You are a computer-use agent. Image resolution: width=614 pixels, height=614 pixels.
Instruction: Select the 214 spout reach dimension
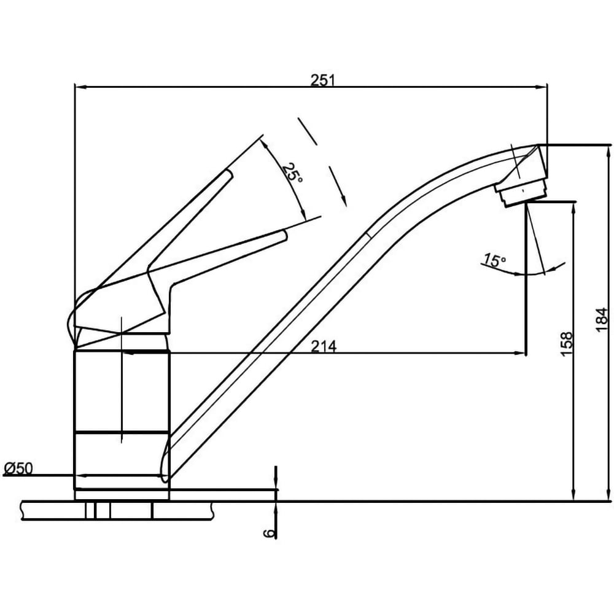[324, 346]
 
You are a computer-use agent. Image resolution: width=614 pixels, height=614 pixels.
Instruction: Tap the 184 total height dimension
[602, 320]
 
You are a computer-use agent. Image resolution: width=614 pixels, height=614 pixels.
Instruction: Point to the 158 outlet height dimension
[567, 344]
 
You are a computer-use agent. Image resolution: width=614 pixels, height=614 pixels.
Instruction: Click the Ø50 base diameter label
[19, 468]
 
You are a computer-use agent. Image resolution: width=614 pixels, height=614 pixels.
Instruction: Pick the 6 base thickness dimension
[268, 533]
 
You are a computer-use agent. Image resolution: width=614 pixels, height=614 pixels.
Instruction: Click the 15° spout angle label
[494, 260]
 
